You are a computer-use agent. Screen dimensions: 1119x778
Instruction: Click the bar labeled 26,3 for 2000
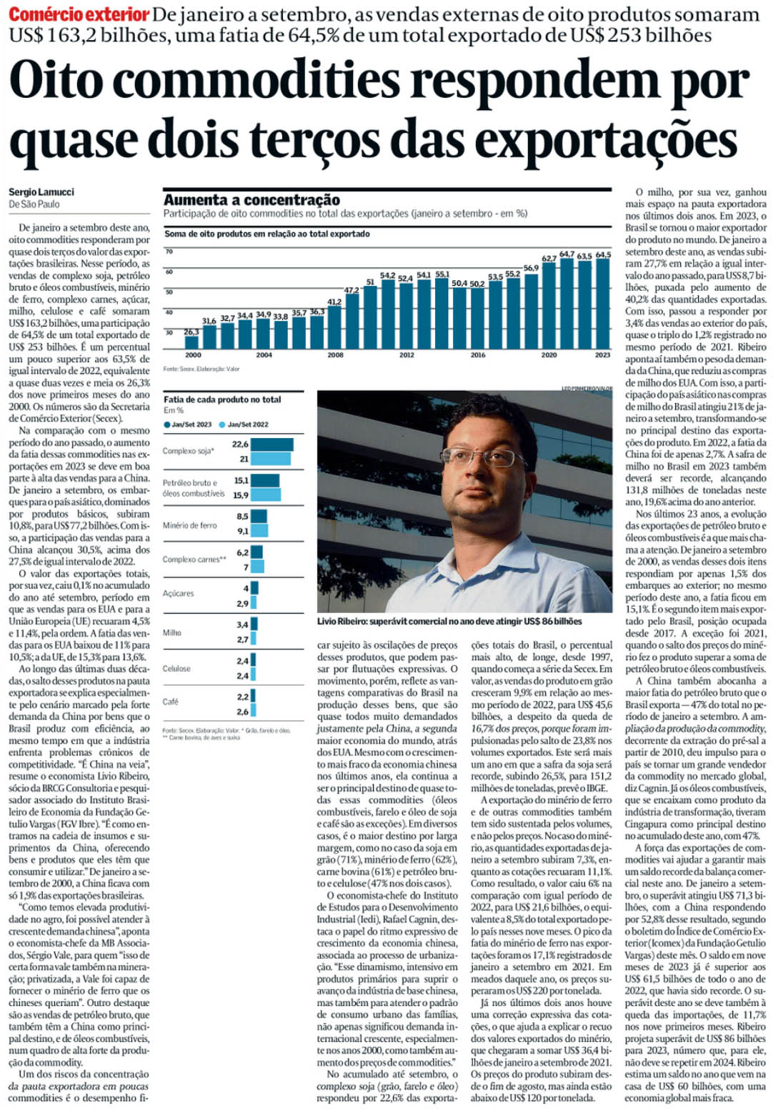coord(192,342)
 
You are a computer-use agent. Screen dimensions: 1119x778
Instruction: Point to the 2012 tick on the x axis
coord(407,355)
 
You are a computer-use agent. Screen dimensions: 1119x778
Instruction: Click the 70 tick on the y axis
coord(169,252)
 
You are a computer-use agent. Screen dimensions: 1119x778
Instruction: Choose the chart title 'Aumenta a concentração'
coord(251,200)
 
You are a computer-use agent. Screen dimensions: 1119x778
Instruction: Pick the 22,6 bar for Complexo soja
coord(272,444)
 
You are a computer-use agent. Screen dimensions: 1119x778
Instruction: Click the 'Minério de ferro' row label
coord(189,525)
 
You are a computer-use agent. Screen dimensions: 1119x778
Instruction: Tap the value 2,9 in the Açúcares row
coord(243,604)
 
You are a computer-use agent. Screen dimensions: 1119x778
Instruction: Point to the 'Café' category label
coord(171,702)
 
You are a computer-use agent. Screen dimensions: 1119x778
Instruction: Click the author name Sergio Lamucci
coord(41,192)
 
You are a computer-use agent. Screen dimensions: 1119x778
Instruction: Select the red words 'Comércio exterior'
coord(79,14)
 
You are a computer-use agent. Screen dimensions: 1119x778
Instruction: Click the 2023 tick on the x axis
coord(602,355)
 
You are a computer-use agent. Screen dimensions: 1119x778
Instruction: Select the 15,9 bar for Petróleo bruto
coord(266,494)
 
